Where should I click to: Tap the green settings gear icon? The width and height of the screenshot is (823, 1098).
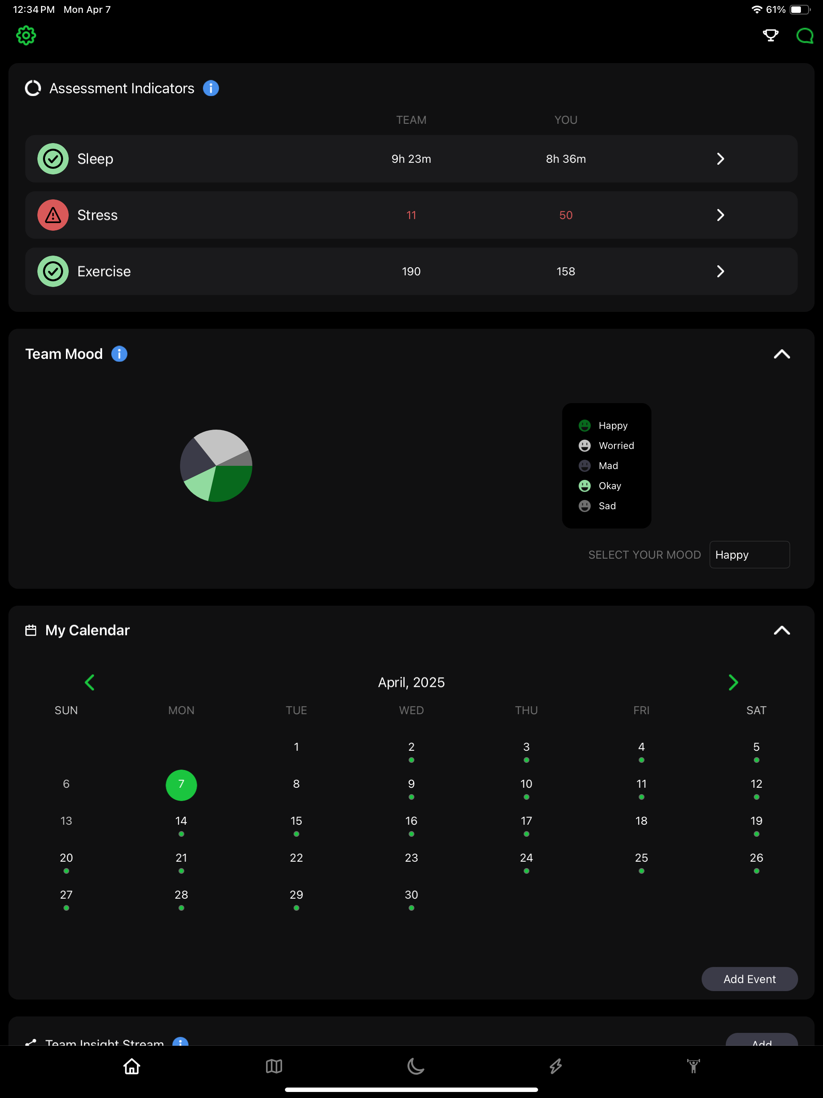point(26,36)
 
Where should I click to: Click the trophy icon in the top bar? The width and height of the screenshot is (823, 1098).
point(770,35)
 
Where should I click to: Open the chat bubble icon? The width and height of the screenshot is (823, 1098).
point(804,36)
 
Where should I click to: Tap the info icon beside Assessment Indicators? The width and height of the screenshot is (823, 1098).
point(211,88)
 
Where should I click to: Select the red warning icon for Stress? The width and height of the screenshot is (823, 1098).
point(53,215)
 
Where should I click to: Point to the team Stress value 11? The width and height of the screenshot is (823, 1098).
point(411,215)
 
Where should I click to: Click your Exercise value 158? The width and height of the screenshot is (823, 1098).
point(566,272)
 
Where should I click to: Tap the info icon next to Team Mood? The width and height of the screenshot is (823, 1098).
point(119,354)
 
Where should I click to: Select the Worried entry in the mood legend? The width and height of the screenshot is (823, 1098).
point(606,446)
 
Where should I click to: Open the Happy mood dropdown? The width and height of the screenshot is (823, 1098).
point(749,555)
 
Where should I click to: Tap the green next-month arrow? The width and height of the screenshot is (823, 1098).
point(733,682)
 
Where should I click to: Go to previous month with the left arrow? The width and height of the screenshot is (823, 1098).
point(90,682)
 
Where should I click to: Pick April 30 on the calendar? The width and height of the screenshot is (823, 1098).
point(411,895)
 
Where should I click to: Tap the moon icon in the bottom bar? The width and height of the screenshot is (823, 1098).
point(416,1066)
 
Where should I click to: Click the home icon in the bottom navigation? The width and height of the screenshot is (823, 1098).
point(131,1066)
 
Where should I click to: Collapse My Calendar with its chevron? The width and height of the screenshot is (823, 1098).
point(782,631)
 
